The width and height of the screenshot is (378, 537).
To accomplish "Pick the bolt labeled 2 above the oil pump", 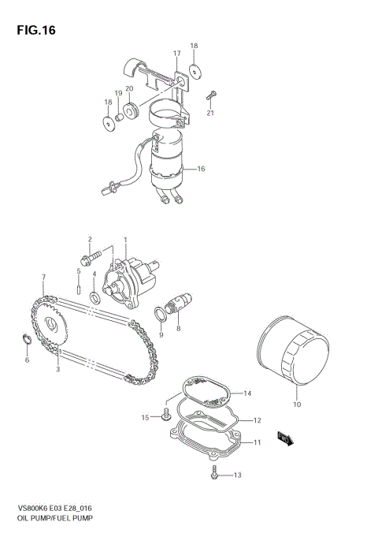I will click(x=91, y=255).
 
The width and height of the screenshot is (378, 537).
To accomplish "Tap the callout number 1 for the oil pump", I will click(x=124, y=239).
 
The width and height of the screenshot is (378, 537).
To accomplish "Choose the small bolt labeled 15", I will click(x=166, y=418).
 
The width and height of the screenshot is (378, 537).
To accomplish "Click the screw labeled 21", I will click(x=209, y=96).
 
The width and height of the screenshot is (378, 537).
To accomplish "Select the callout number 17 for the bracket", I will click(x=177, y=54).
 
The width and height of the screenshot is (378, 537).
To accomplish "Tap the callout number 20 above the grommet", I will click(x=129, y=89).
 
